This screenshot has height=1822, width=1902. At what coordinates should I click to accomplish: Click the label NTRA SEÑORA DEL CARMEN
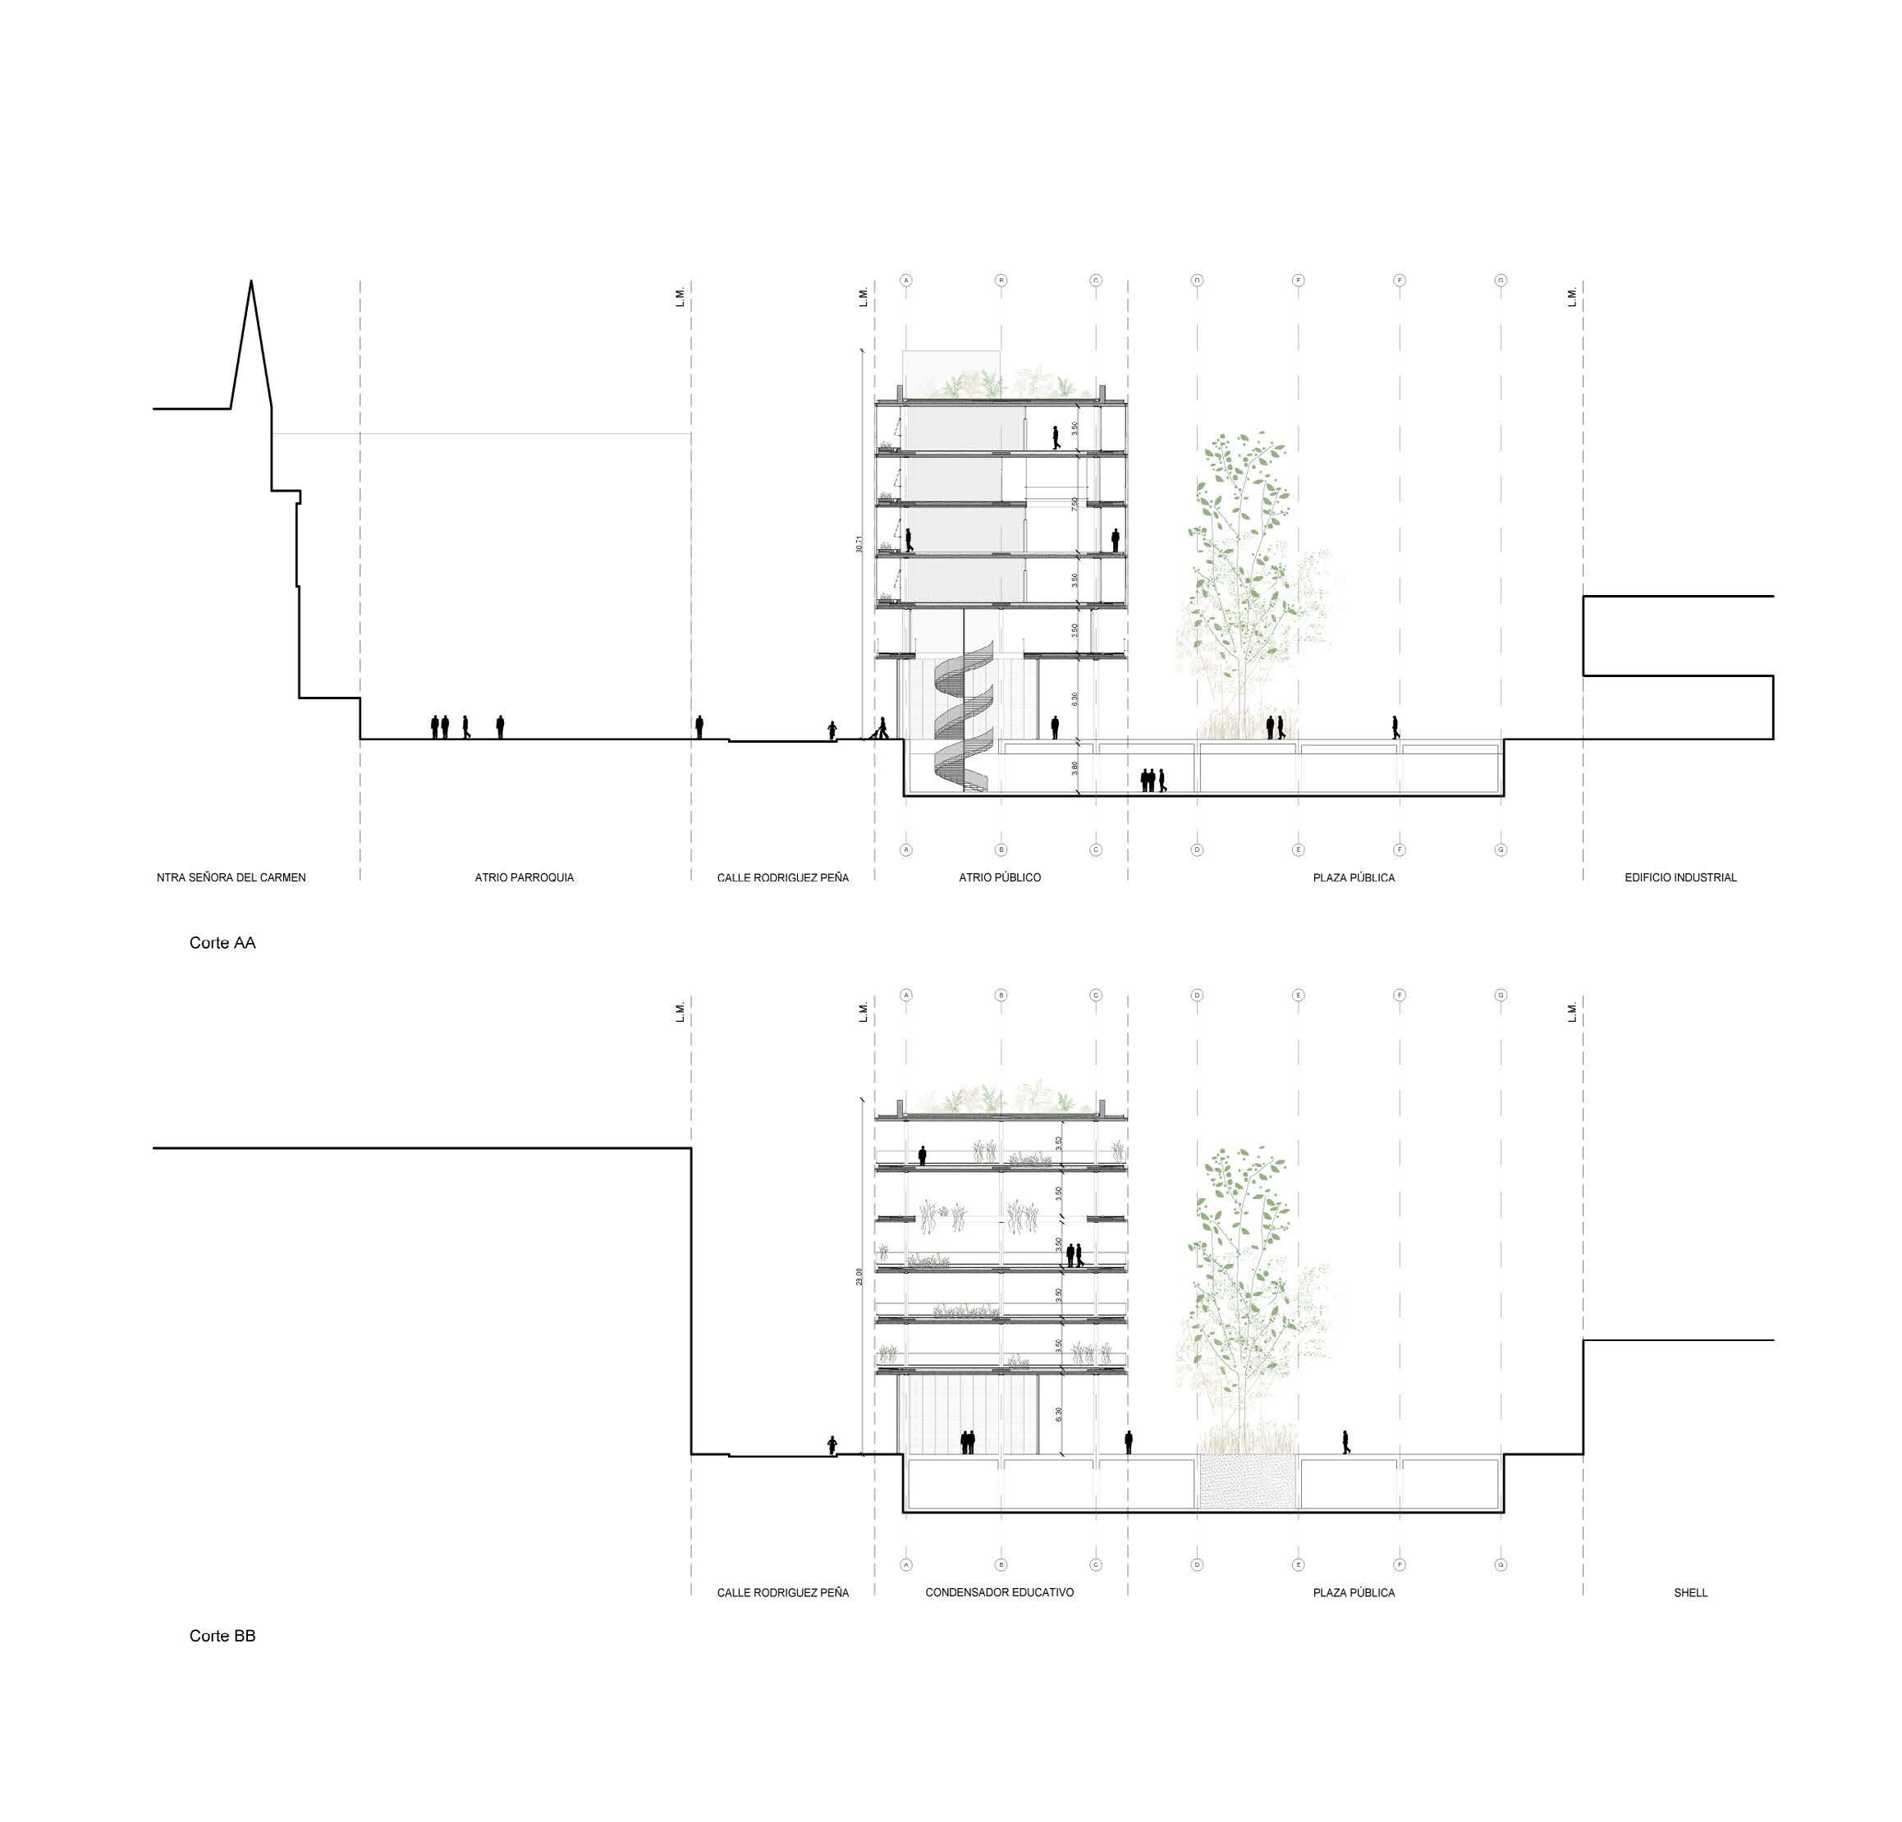pos(231,878)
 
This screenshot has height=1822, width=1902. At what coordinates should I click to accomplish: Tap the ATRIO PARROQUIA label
pos(524,878)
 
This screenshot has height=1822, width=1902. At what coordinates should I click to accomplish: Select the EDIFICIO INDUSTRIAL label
pos(1680,878)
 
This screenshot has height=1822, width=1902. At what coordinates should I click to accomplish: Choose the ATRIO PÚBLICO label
pos(1000,878)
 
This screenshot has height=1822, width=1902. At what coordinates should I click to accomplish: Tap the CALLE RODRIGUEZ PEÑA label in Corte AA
pos(782,878)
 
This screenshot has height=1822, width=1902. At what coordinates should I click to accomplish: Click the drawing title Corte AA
pos(222,943)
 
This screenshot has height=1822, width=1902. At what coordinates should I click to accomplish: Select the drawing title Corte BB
pos(222,1636)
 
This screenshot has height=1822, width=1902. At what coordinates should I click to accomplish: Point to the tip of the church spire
pos(251,282)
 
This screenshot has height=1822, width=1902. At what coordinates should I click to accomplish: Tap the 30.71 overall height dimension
pos(859,543)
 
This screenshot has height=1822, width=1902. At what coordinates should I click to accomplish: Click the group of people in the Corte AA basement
pos(1153,780)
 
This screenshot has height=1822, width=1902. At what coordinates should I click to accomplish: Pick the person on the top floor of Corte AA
pos(1056,437)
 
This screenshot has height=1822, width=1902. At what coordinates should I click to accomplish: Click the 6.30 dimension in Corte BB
pos(1059,1415)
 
